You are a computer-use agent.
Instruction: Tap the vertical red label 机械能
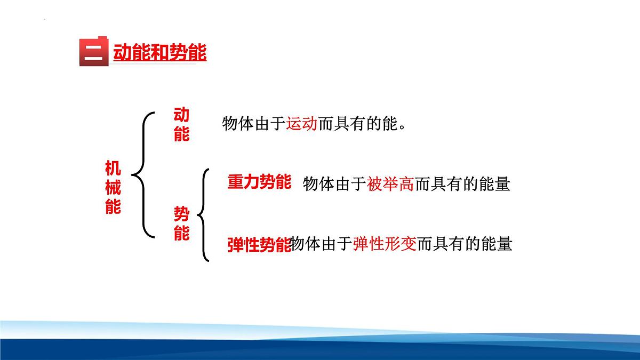pos(113,187)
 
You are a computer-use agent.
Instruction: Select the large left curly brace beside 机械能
pos(143,174)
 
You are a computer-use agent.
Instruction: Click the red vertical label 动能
pos(181,124)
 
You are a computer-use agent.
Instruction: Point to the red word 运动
pos(302,124)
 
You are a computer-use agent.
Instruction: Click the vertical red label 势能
pos(181,224)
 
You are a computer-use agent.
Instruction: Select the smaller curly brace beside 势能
pos(204,215)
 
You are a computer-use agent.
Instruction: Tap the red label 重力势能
pos(259,182)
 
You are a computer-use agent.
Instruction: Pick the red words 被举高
pos(390,185)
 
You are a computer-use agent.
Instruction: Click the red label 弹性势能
pos(259,244)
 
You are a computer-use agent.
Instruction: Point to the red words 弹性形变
pos(384,244)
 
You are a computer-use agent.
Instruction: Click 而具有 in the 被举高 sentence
pos(438,185)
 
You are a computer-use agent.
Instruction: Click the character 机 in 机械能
pos(113,168)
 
